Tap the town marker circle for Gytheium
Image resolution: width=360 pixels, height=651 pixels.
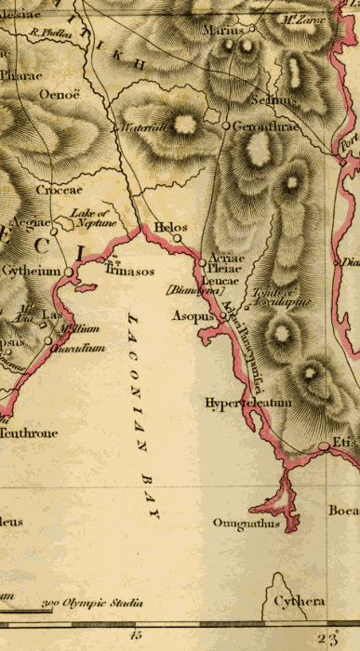tap(69, 272)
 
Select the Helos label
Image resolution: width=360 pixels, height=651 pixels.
tap(170, 226)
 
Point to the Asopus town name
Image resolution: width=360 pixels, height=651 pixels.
tap(192, 316)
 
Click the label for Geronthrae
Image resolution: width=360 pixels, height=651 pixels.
tap(265, 126)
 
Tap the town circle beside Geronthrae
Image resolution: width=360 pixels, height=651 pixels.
tap(225, 125)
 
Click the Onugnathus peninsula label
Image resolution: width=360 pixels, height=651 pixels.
tap(246, 524)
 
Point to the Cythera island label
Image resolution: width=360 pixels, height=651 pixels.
tap(299, 602)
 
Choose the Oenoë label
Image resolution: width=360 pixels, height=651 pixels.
tap(60, 94)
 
